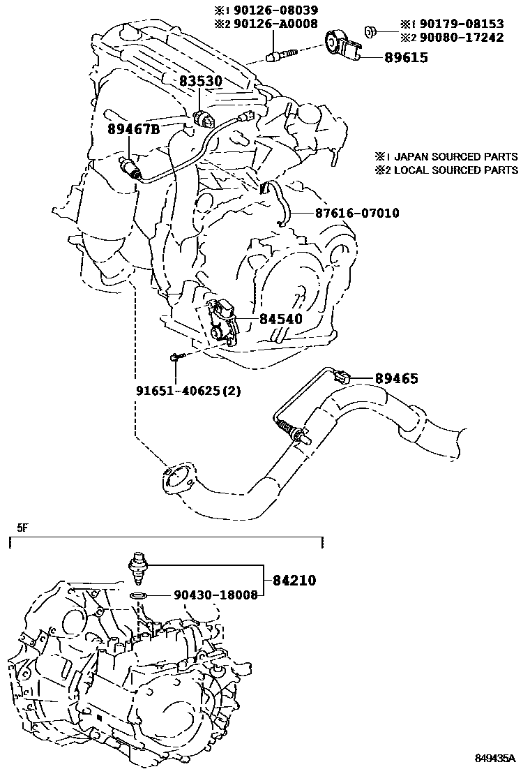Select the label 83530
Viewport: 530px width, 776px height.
[x=200, y=82]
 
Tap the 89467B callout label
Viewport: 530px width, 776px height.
[x=133, y=129]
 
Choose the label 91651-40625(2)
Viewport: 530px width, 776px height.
[x=188, y=391]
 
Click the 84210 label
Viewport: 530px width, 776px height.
[x=294, y=580]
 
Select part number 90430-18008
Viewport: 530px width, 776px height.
[x=206, y=595]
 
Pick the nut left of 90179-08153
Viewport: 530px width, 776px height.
[x=372, y=30]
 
